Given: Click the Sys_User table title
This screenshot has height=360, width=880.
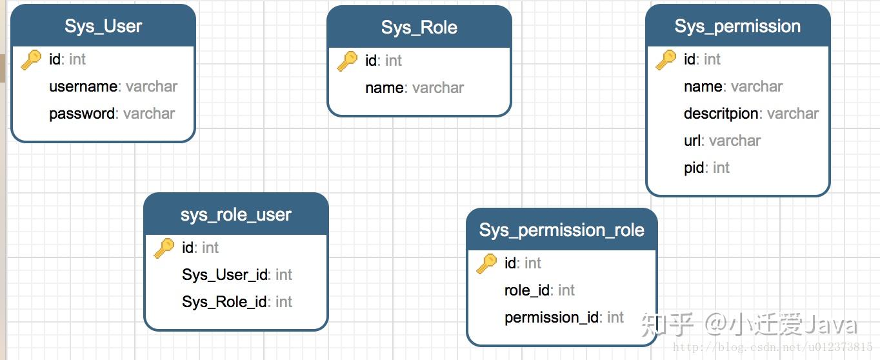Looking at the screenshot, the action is (x=103, y=26).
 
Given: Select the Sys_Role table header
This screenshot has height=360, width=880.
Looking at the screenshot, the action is (x=419, y=28).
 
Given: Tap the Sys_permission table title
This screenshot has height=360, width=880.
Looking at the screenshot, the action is (x=737, y=26).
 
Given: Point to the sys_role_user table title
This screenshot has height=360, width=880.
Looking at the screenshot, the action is (x=235, y=215).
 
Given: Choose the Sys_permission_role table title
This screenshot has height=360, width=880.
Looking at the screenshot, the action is (x=562, y=230).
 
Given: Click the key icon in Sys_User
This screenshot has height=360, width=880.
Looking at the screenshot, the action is (x=31, y=60).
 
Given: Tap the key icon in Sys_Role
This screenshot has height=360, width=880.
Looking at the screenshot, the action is (x=347, y=61).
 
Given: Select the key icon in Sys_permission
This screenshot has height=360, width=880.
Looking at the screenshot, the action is (x=666, y=60).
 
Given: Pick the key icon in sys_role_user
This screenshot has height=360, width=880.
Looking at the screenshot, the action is (x=164, y=248).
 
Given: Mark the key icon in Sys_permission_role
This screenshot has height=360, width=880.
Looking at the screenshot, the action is (x=486, y=263).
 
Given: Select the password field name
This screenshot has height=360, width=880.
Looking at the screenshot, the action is (x=82, y=114).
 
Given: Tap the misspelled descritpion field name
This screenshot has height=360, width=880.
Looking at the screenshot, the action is (x=721, y=114).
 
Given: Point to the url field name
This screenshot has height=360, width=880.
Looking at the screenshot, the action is (x=692, y=141).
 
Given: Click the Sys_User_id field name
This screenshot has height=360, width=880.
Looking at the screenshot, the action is (x=225, y=275).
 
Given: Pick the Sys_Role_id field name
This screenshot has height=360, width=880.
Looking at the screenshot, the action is (x=225, y=302).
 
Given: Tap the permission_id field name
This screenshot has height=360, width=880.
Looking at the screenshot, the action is (x=552, y=317).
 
